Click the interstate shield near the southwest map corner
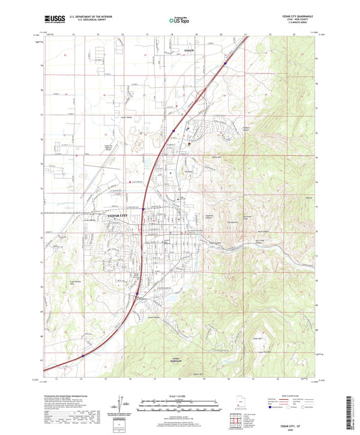(82, 353)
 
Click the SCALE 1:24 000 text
(180, 395)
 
